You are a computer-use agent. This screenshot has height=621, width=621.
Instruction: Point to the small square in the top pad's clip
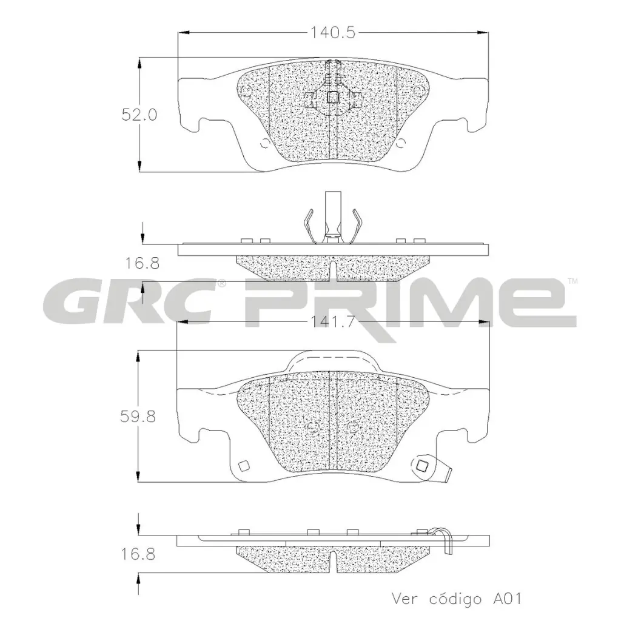coord(332,96)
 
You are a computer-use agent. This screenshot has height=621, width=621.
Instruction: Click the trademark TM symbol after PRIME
coord(572,281)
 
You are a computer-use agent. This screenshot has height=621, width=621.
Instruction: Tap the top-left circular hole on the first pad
coord(245,92)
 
